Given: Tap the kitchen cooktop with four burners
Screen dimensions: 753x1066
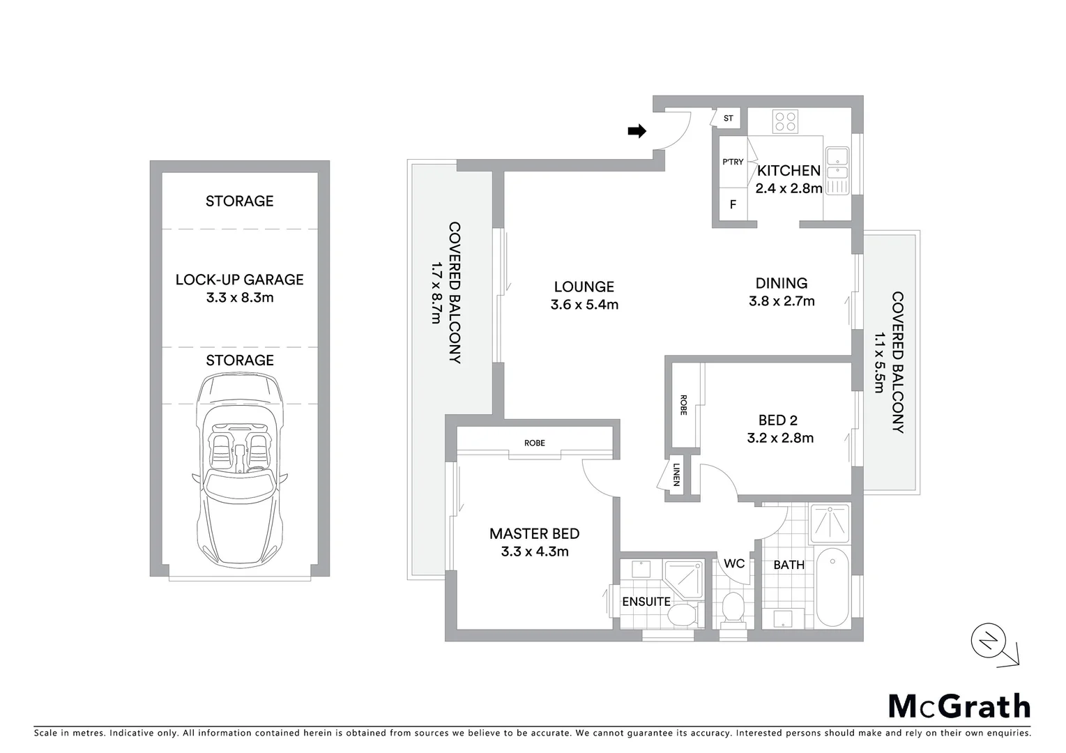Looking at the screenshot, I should [785, 122].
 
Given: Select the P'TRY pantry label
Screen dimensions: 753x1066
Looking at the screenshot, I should [733, 162].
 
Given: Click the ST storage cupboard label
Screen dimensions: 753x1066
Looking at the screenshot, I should [728, 119].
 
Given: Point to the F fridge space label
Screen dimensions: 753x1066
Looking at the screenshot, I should [733, 205].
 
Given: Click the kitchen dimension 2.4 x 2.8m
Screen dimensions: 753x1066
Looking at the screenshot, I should [789, 188].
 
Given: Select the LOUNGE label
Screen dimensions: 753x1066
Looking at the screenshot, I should [584, 287].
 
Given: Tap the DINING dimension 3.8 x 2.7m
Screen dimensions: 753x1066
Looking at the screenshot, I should [782, 301].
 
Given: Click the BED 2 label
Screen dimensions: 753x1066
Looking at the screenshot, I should [777, 420].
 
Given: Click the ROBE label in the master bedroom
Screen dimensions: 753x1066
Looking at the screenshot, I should [535, 443].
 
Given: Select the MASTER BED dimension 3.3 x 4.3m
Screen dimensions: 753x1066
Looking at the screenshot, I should [535, 552].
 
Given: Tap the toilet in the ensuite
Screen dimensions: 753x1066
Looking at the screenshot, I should [681, 616].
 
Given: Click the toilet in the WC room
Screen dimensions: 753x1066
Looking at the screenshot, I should [733, 608].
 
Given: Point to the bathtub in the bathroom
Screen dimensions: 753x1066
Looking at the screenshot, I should [832, 588].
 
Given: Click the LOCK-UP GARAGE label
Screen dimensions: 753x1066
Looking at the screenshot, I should [239, 280].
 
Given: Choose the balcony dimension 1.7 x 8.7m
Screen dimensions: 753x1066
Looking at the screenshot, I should [436, 293].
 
